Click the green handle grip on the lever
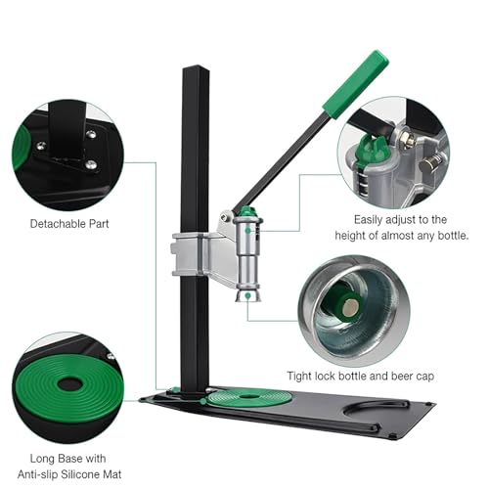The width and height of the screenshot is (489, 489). click(356, 83)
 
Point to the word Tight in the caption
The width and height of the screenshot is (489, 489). click(299, 377)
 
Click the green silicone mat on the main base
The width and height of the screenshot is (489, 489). click(249, 398)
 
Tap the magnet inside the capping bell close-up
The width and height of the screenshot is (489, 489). click(349, 308)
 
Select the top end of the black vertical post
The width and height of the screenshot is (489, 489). click(195, 67)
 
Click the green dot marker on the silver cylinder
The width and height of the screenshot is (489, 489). click(248, 231)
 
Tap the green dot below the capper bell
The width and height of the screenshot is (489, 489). click(248, 295)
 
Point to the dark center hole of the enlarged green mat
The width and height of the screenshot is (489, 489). click(69, 384)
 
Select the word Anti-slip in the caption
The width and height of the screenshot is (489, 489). click(38, 474)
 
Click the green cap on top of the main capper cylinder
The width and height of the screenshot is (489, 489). click(247, 212)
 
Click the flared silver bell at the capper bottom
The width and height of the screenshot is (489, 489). click(248, 295)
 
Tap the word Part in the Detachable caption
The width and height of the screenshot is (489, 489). click(96, 224)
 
